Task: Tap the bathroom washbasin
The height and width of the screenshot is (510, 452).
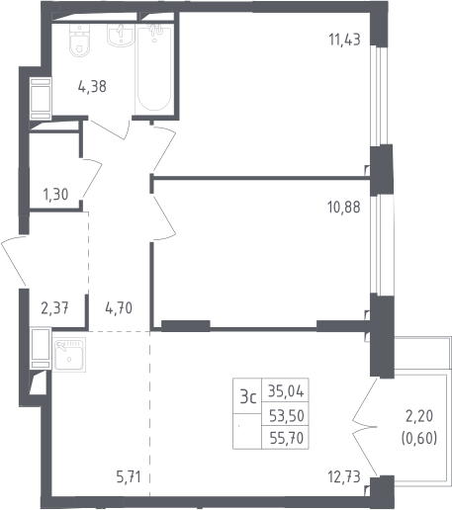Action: (120, 36)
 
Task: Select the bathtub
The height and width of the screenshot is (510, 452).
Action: (154, 70)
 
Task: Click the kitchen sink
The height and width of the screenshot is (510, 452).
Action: (69, 355)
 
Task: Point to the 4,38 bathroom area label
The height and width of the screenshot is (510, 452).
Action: (92, 87)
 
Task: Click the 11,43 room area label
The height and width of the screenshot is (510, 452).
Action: (344, 40)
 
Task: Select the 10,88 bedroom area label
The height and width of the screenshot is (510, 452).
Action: (344, 208)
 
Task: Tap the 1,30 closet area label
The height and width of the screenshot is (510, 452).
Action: (55, 195)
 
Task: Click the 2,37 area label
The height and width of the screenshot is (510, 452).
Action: (54, 308)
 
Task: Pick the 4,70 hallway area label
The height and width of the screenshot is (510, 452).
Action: (119, 308)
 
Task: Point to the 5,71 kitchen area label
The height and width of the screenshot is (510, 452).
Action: (129, 477)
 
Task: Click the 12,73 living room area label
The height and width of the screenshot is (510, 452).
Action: (344, 477)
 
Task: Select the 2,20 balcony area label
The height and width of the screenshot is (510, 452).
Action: (419, 416)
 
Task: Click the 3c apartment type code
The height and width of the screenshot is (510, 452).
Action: (248, 396)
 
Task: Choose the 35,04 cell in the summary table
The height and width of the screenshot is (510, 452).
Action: (286, 391)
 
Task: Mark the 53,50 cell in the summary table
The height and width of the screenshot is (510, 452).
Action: (287, 416)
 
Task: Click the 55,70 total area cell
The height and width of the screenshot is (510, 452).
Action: (287, 438)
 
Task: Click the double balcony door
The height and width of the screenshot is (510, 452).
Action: (365, 427)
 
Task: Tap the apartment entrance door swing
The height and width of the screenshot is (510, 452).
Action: (13, 260)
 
